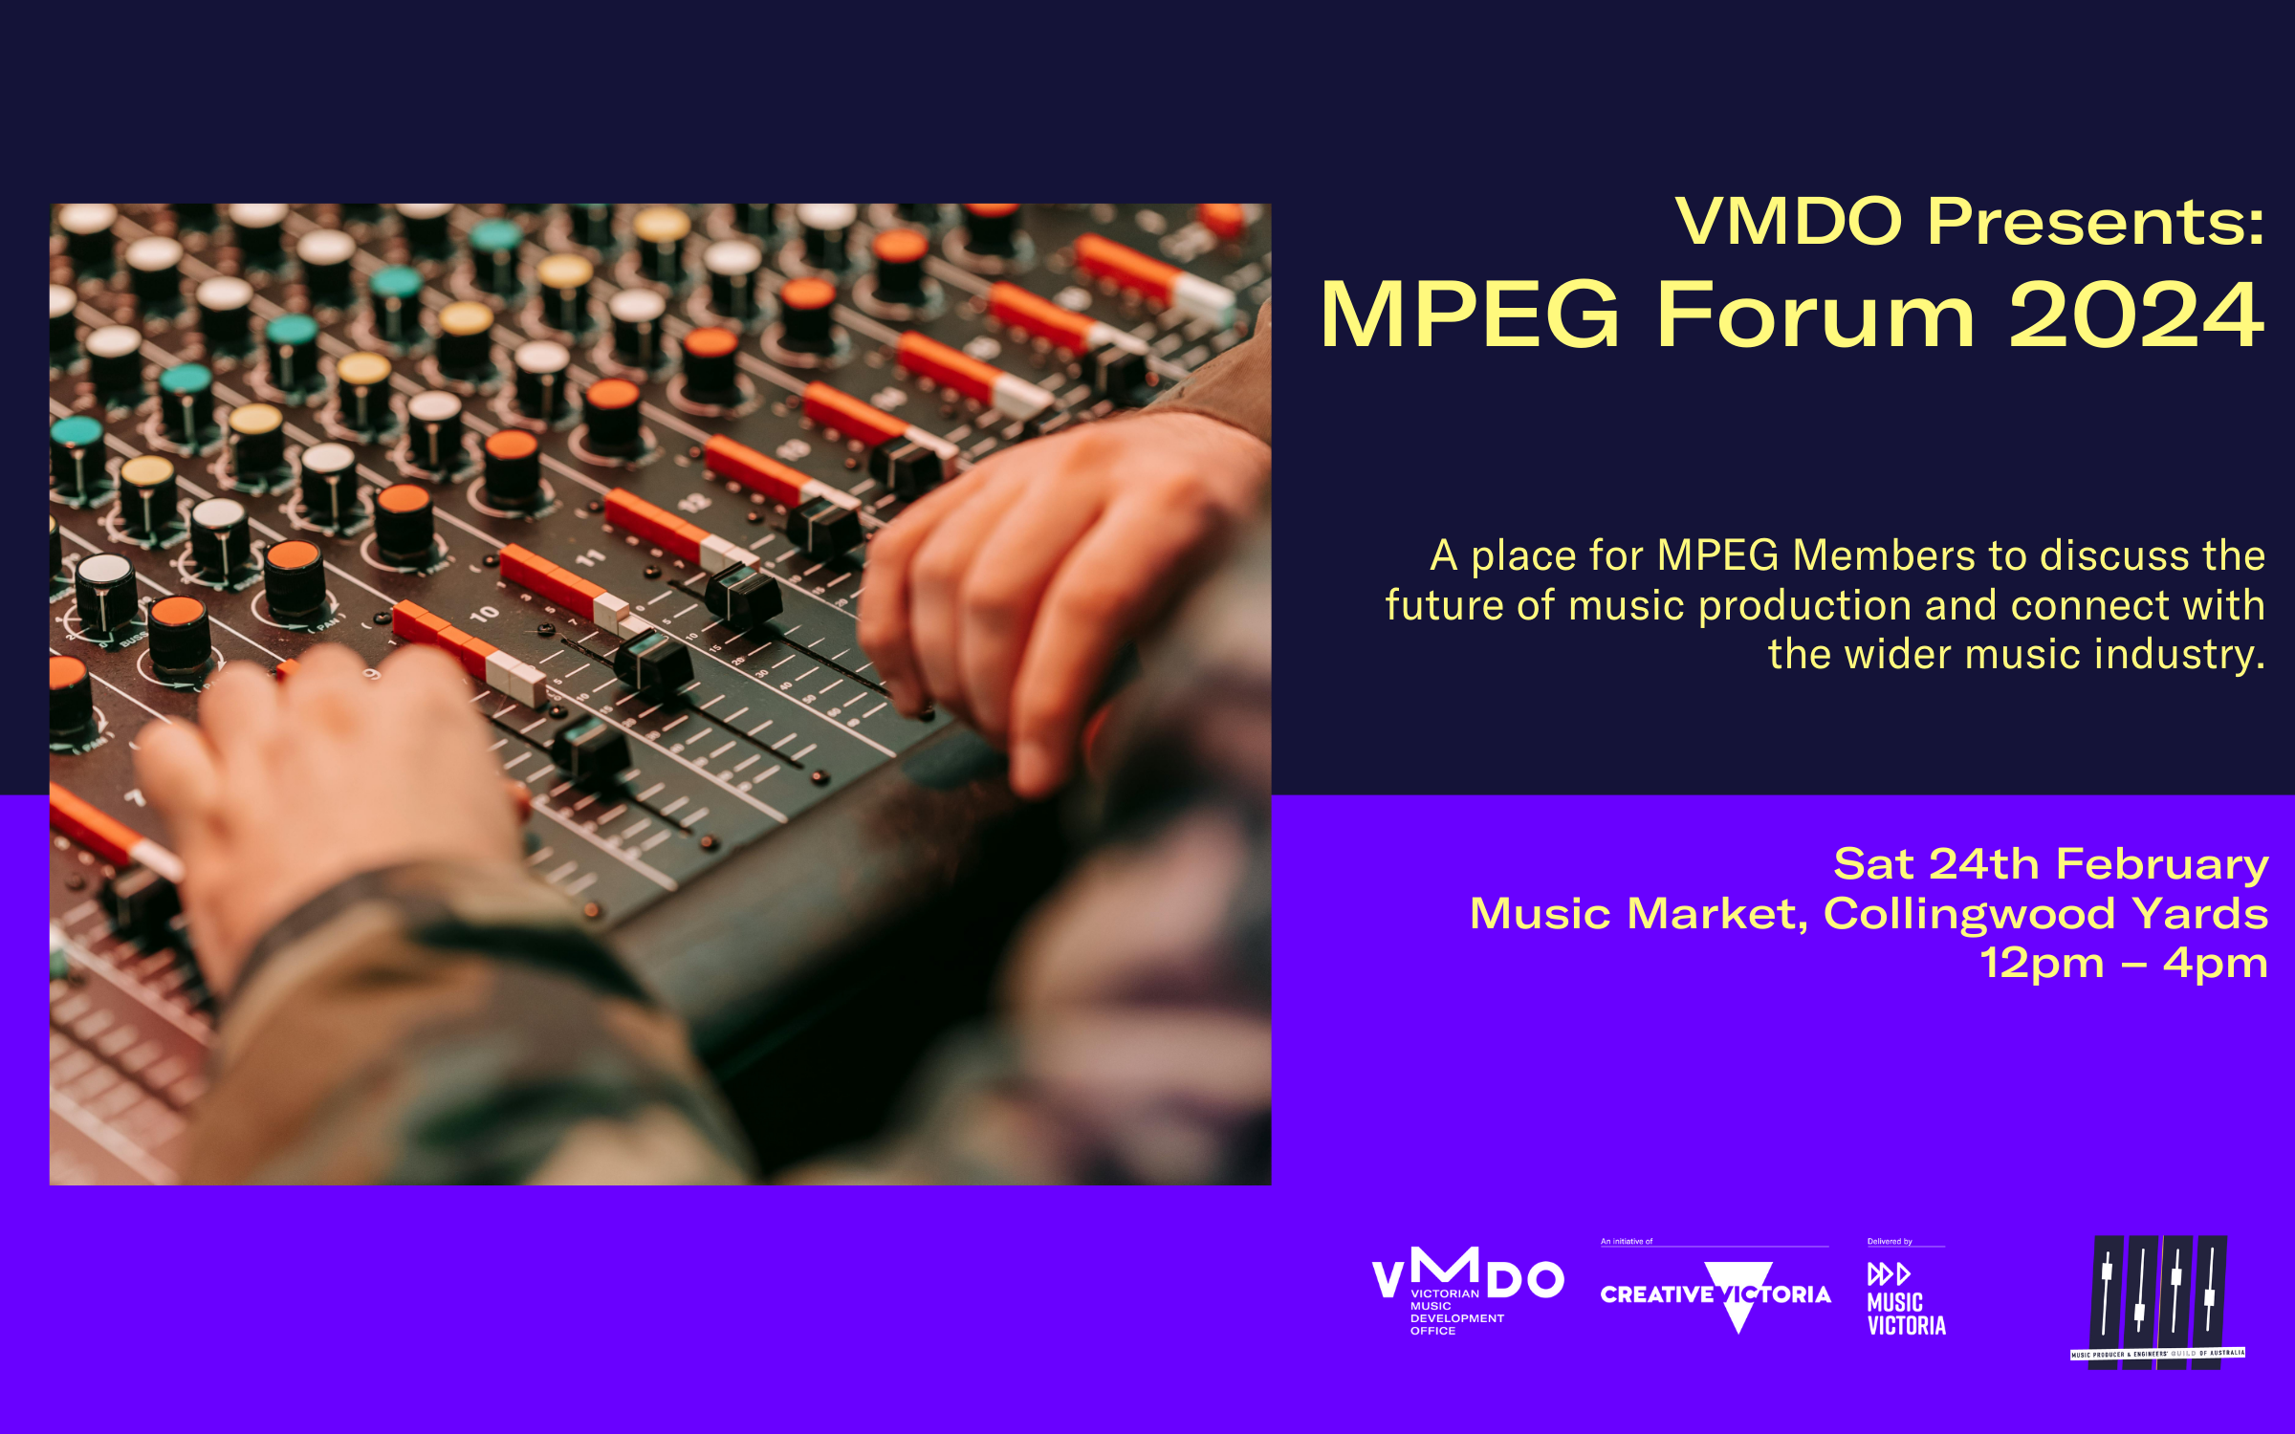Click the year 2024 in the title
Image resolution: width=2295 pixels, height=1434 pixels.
2136,315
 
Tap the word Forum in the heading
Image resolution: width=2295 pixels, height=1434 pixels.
1815,315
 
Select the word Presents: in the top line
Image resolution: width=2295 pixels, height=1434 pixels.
2095,222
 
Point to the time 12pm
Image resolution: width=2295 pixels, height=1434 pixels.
2042,963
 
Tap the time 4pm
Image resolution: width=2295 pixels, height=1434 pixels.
2216,963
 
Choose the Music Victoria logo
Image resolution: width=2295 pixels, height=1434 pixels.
1905,1300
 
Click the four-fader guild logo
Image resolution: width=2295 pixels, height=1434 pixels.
2158,1300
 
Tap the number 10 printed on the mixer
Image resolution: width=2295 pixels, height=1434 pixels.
484,613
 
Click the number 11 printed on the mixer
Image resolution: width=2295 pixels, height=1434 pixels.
591,556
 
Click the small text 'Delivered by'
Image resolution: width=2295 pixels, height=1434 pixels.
1890,1242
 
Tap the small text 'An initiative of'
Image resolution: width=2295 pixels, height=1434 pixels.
1627,1242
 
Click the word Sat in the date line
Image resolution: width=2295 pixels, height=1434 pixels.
1873,865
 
